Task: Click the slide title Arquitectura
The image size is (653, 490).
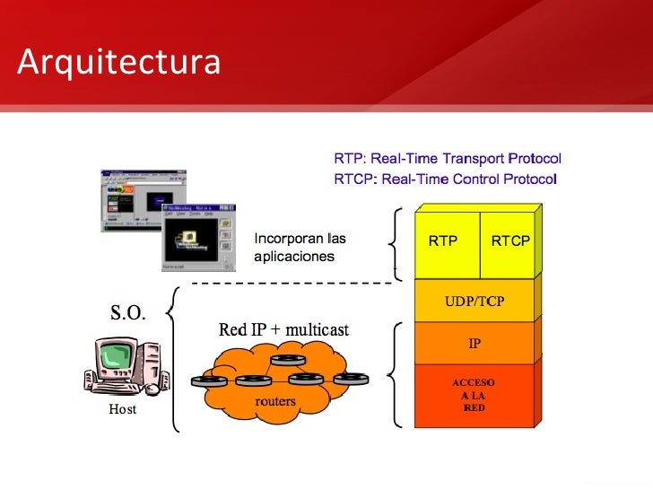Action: pos(119,61)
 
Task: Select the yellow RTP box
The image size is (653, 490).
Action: pos(443,241)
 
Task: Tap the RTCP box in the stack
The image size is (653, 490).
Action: pos(509,241)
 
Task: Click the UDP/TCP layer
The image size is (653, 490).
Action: pos(475,302)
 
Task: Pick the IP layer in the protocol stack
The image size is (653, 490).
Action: pos(475,343)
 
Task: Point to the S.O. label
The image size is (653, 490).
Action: pos(128,312)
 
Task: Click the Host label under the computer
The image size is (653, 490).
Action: pos(122,409)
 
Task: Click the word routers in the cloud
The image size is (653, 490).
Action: pos(275,401)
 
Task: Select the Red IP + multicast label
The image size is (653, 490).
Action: pos(283,330)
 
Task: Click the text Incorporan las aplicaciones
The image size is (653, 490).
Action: pos(300,248)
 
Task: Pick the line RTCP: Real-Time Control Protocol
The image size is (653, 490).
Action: pos(446,179)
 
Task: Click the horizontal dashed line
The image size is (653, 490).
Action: pos(292,284)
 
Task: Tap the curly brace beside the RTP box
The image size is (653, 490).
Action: pos(396,241)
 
